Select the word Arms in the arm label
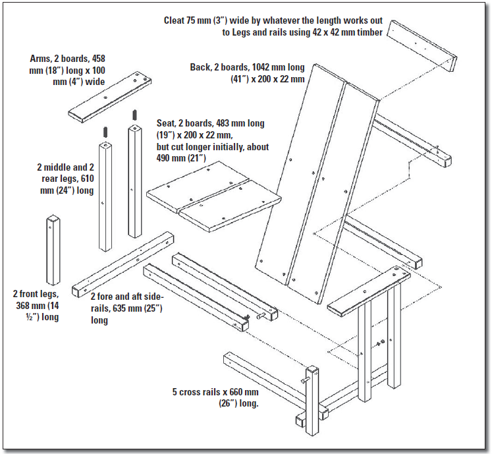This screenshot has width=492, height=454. (x=41, y=58)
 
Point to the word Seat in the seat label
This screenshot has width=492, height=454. (x=167, y=123)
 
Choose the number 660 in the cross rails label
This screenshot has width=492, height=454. (x=233, y=392)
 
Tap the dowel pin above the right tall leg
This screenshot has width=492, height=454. (x=134, y=115)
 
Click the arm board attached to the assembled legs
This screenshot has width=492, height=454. (x=368, y=290)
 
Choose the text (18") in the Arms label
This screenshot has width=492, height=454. (x=48, y=69)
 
